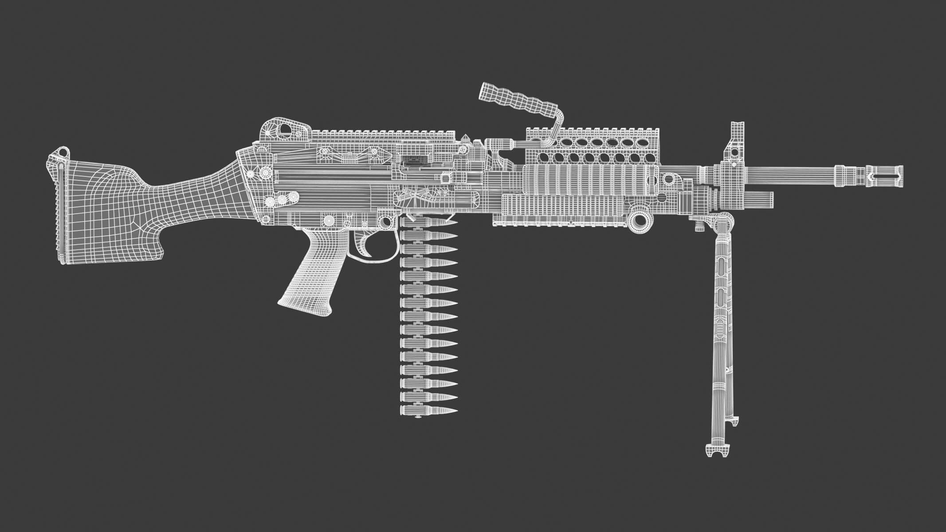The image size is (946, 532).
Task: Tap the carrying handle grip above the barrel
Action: click(517, 101)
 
